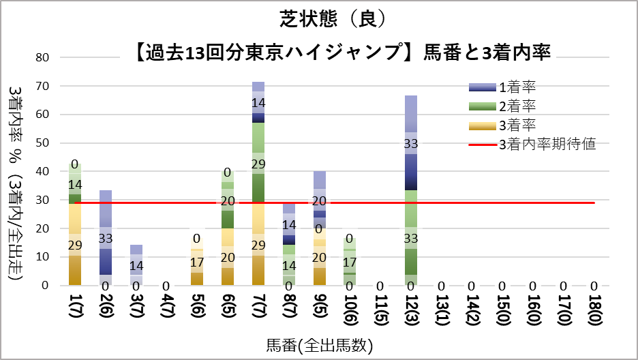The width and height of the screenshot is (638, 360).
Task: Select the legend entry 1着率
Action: (x=517, y=87)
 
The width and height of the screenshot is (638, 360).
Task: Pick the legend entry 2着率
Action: (x=517, y=106)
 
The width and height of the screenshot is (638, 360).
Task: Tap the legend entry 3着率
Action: (x=517, y=125)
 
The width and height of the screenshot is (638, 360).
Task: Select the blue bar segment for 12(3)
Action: (x=410, y=143)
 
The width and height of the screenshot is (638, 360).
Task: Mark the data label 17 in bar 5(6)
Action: (x=197, y=262)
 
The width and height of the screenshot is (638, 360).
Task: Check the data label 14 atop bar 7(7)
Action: (x=258, y=102)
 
